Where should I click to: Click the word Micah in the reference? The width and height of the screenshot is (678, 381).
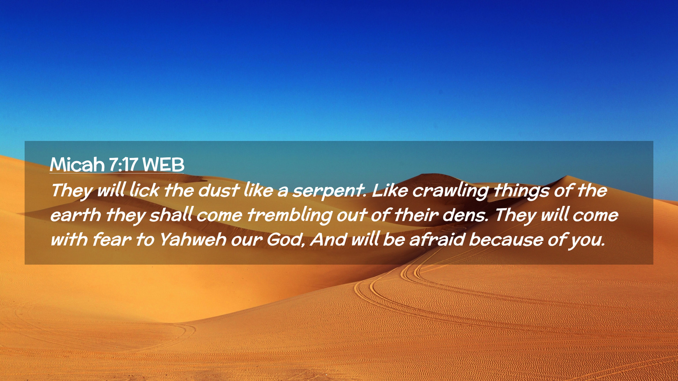pyautogui.click(x=77, y=164)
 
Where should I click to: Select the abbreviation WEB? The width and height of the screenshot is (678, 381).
pyautogui.click(x=163, y=164)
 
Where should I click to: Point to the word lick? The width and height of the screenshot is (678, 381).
pyautogui.click(x=144, y=190)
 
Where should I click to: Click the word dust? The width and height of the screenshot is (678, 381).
pyautogui.click(x=219, y=190)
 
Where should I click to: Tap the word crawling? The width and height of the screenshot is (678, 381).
pyautogui.click(x=451, y=192)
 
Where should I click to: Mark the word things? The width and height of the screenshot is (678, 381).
pyautogui.click(x=521, y=192)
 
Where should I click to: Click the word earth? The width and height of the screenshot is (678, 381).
pyautogui.click(x=76, y=215)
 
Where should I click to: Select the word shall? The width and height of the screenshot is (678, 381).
pyautogui.click(x=171, y=215)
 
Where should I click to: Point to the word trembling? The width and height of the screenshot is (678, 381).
pyautogui.click(x=289, y=216)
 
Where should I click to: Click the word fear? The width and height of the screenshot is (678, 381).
pyautogui.click(x=112, y=240)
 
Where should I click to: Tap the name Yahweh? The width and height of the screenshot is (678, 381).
pyautogui.click(x=193, y=240)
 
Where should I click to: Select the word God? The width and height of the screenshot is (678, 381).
pyautogui.click(x=286, y=240)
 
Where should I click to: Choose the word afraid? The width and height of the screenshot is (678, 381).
pyautogui.click(x=437, y=240)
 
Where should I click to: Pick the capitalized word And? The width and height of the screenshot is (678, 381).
pyautogui.click(x=329, y=240)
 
